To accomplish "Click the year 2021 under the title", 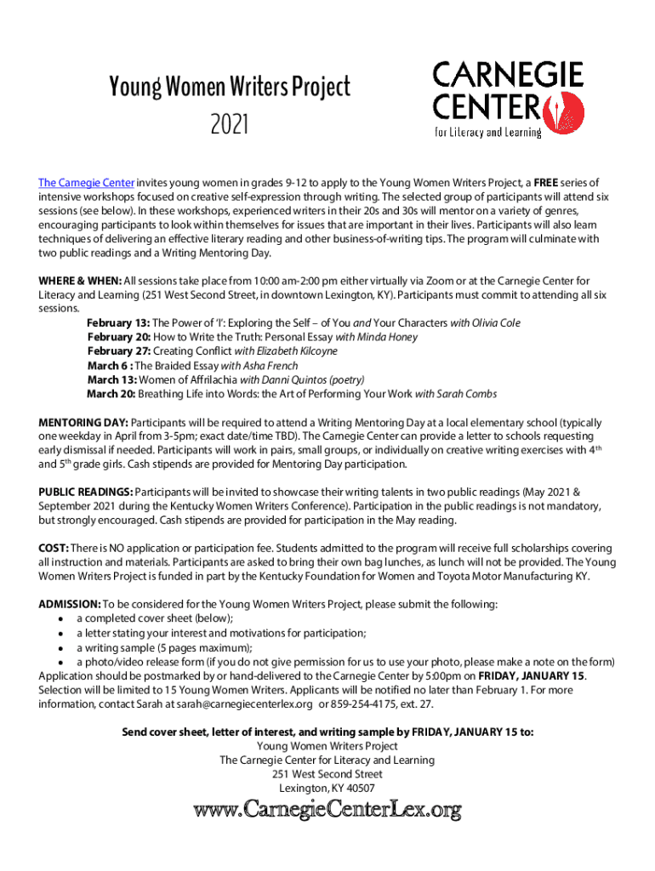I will tap(230, 126).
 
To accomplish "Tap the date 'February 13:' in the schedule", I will tap(118, 323).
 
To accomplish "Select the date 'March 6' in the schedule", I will tap(106, 365).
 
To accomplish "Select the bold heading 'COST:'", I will tap(54, 549).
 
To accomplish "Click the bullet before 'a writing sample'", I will tap(61, 647).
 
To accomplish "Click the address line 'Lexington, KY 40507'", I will tap(327, 788).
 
